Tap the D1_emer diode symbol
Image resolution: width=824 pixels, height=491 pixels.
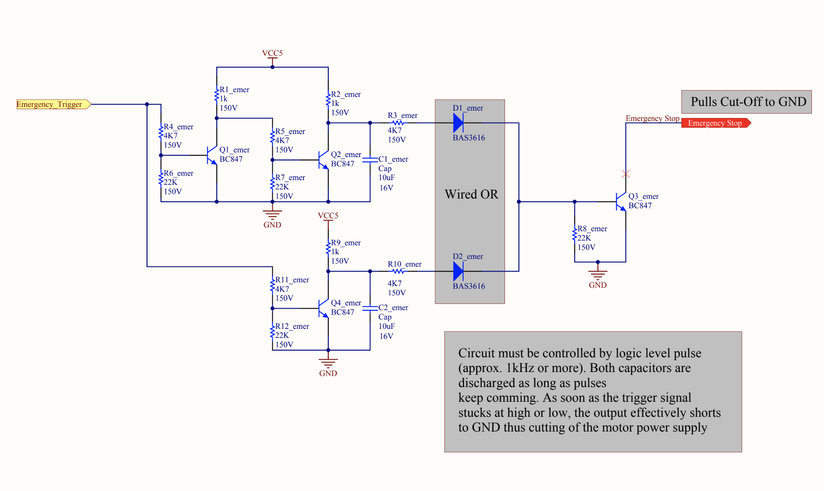[x=458, y=123]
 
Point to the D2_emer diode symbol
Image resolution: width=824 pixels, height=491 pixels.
[x=458, y=271]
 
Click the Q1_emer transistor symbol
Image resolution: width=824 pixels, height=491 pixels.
[x=212, y=155]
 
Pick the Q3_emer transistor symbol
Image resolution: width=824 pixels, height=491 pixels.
[x=621, y=202]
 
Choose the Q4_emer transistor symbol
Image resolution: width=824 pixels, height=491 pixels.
[x=324, y=308]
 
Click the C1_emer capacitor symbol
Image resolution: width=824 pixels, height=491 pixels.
[x=370, y=160]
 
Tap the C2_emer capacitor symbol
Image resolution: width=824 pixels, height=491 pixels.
[x=370, y=308]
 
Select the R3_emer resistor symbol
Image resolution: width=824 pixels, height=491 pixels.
[x=398, y=123]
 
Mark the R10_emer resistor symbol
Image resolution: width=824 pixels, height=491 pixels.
[x=398, y=271]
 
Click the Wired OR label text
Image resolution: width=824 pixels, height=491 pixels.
[x=472, y=194]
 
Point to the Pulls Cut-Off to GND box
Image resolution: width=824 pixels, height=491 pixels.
[x=746, y=102]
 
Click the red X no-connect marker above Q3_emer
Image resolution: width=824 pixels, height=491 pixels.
[x=626, y=174]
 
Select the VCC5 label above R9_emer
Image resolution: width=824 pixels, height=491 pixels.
[x=328, y=216]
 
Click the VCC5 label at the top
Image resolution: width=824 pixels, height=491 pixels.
[x=272, y=53]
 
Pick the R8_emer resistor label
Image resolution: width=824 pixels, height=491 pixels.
[x=592, y=229]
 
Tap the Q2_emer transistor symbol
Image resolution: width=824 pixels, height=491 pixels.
[x=324, y=160]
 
